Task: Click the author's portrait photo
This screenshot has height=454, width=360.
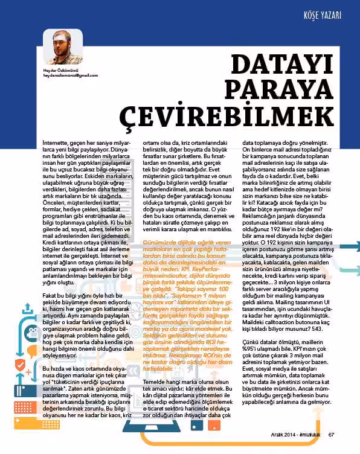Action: pyautogui.click(x=62, y=47)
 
